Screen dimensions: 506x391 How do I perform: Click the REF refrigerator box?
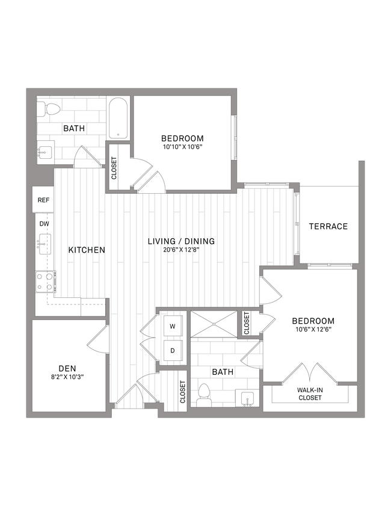click(x=43, y=200)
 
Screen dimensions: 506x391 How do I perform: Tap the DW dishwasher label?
click(x=43, y=223)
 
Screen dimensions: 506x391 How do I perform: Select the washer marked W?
click(x=172, y=327)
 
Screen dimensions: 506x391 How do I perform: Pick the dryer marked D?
click(x=172, y=349)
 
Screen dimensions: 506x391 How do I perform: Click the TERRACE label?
click(x=328, y=226)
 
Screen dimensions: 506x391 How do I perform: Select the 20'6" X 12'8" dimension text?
click(x=181, y=250)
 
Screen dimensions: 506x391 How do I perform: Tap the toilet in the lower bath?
click(x=203, y=395)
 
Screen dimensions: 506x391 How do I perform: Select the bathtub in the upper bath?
click(x=118, y=118)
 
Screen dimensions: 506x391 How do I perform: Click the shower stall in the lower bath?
click(x=214, y=323)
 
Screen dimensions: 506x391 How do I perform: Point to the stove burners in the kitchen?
click(x=45, y=281)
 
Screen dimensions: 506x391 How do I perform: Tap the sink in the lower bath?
click(x=247, y=400)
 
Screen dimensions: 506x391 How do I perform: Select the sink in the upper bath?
click(x=44, y=152)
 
